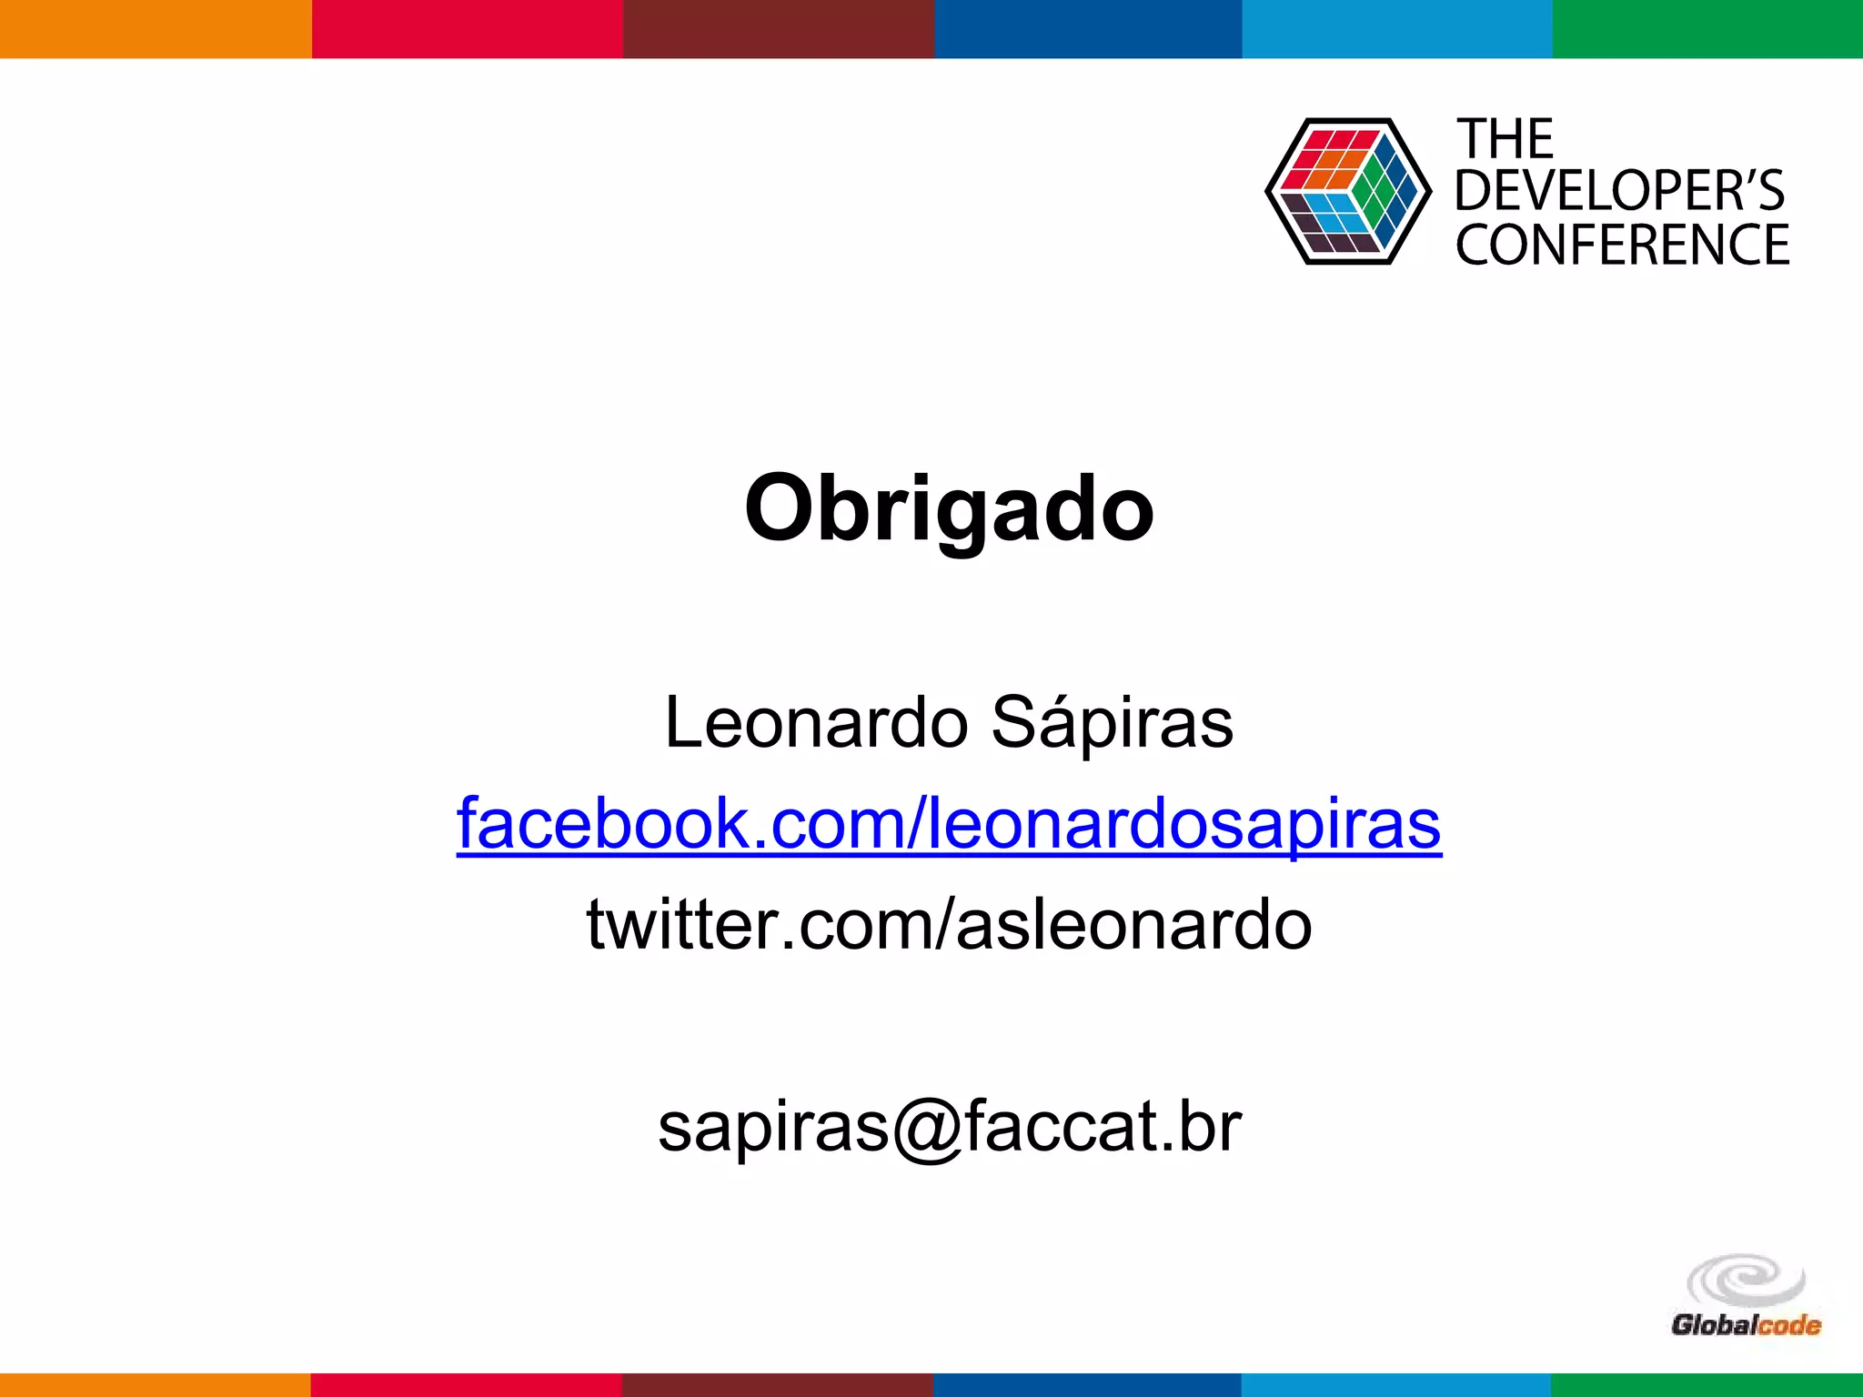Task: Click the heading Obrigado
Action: point(949,509)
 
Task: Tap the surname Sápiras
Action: point(1112,723)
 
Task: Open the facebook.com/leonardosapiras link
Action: point(949,824)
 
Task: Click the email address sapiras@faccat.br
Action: point(949,1126)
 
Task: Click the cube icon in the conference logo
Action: point(1347,191)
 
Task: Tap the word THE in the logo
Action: point(1505,140)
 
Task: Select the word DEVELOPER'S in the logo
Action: point(1619,191)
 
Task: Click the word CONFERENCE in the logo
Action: point(1622,245)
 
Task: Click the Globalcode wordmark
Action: point(1745,1325)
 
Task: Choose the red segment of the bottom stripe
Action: point(466,1385)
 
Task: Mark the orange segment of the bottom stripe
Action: point(156,1385)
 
